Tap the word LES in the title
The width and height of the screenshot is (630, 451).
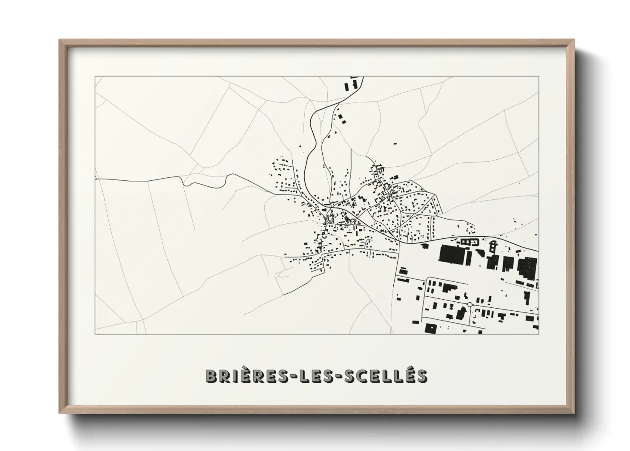click(x=308, y=376)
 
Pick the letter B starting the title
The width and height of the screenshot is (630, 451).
click(x=212, y=376)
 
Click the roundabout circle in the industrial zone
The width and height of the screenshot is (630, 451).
click(x=470, y=304)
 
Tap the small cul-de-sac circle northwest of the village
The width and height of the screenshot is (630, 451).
click(x=283, y=164)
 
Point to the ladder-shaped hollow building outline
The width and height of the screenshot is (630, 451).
click(x=493, y=246)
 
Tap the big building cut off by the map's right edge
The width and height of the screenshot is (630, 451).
click(x=528, y=268)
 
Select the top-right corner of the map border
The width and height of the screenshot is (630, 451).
click(x=539, y=76)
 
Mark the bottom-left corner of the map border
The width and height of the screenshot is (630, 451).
click(x=95, y=334)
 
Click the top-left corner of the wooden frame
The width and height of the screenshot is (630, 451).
click(x=60, y=40)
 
